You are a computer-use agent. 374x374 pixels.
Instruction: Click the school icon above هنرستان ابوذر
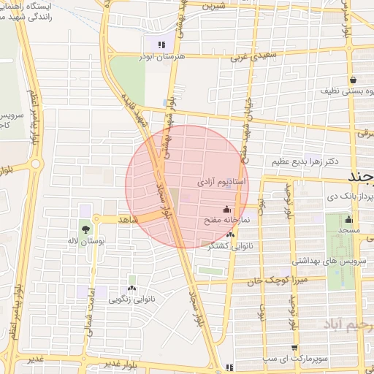click(x=161, y=45)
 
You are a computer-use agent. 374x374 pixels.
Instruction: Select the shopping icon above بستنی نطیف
click(x=354, y=80)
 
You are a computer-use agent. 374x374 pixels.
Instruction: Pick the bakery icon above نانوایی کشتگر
click(x=231, y=234)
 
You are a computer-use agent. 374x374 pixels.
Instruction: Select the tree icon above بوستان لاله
click(x=85, y=231)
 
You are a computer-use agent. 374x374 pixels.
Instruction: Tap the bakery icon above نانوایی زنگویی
click(x=131, y=279)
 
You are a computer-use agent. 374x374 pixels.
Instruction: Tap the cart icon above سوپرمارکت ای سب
click(x=294, y=348)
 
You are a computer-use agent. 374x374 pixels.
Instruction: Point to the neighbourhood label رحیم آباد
click(x=348, y=324)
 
